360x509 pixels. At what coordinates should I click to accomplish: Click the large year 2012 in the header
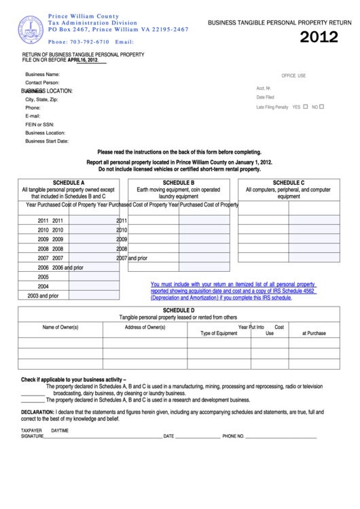tap(319, 37)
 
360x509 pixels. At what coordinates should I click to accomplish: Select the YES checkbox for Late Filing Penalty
tap(306, 106)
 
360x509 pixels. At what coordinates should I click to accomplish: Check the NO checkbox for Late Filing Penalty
tap(322, 106)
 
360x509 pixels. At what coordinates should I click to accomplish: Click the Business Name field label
tap(43, 73)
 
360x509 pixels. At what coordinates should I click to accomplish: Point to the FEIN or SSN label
tap(39, 124)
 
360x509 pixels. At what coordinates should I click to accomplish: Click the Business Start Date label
tap(47, 141)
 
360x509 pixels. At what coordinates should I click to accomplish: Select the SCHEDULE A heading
tap(68, 183)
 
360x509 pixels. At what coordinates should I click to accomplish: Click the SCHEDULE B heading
tap(179, 183)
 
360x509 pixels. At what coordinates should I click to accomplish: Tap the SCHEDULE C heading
tap(288, 183)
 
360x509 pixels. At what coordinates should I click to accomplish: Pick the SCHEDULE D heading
tap(179, 310)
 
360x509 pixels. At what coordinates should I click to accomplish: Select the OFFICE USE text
tap(293, 75)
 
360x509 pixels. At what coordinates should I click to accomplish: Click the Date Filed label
tap(265, 97)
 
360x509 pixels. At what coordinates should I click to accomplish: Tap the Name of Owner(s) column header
tap(60, 327)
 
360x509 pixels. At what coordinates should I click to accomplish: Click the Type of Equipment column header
tap(219, 333)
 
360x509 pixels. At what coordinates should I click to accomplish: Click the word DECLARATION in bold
tap(37, 412)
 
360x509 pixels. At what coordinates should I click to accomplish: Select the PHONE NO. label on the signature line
tap(233, 436)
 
